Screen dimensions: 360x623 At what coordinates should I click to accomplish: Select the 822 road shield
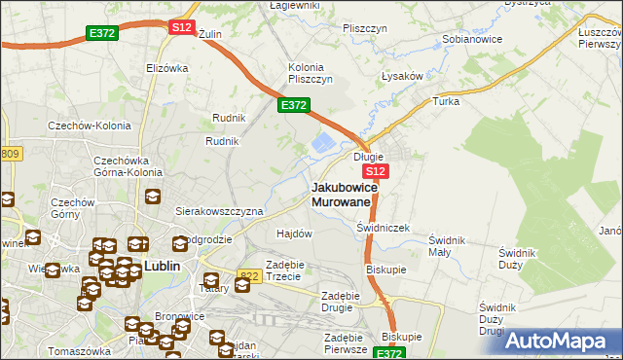click(x=249, y=276)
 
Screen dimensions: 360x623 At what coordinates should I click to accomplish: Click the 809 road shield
click(x=10, y=154)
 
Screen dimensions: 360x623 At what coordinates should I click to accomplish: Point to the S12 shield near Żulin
click(x=181, y=27)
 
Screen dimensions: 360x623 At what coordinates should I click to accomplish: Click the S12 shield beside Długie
click(x=378, y=171)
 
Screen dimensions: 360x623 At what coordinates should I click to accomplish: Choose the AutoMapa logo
click(x=562, y=341)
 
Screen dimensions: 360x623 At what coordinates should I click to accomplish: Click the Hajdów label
click(x=294, y=234)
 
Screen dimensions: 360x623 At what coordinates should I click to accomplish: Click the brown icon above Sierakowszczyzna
click(x=153, y=196)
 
